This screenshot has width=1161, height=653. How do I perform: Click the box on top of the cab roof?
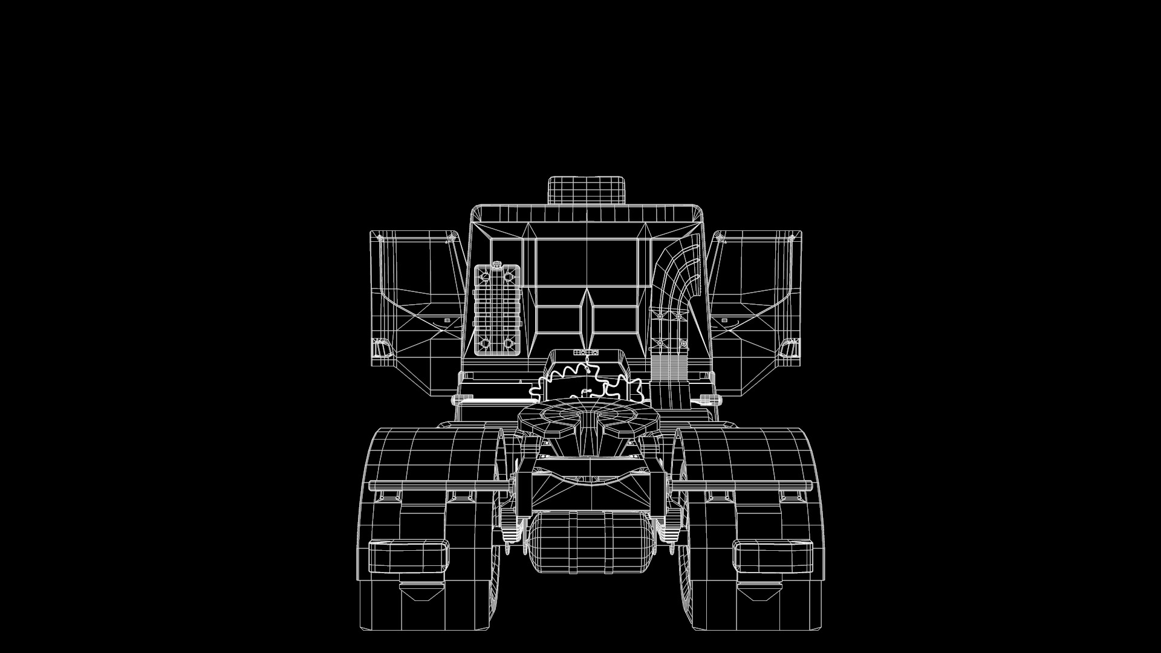point(586,190)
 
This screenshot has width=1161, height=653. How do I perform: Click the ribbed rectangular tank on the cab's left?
point(497,310)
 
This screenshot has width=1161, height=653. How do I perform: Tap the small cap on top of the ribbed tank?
point(497,264)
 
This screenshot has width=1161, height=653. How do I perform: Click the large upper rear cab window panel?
point(587,263)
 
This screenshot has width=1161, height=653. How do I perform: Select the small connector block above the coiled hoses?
point(586,352)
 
